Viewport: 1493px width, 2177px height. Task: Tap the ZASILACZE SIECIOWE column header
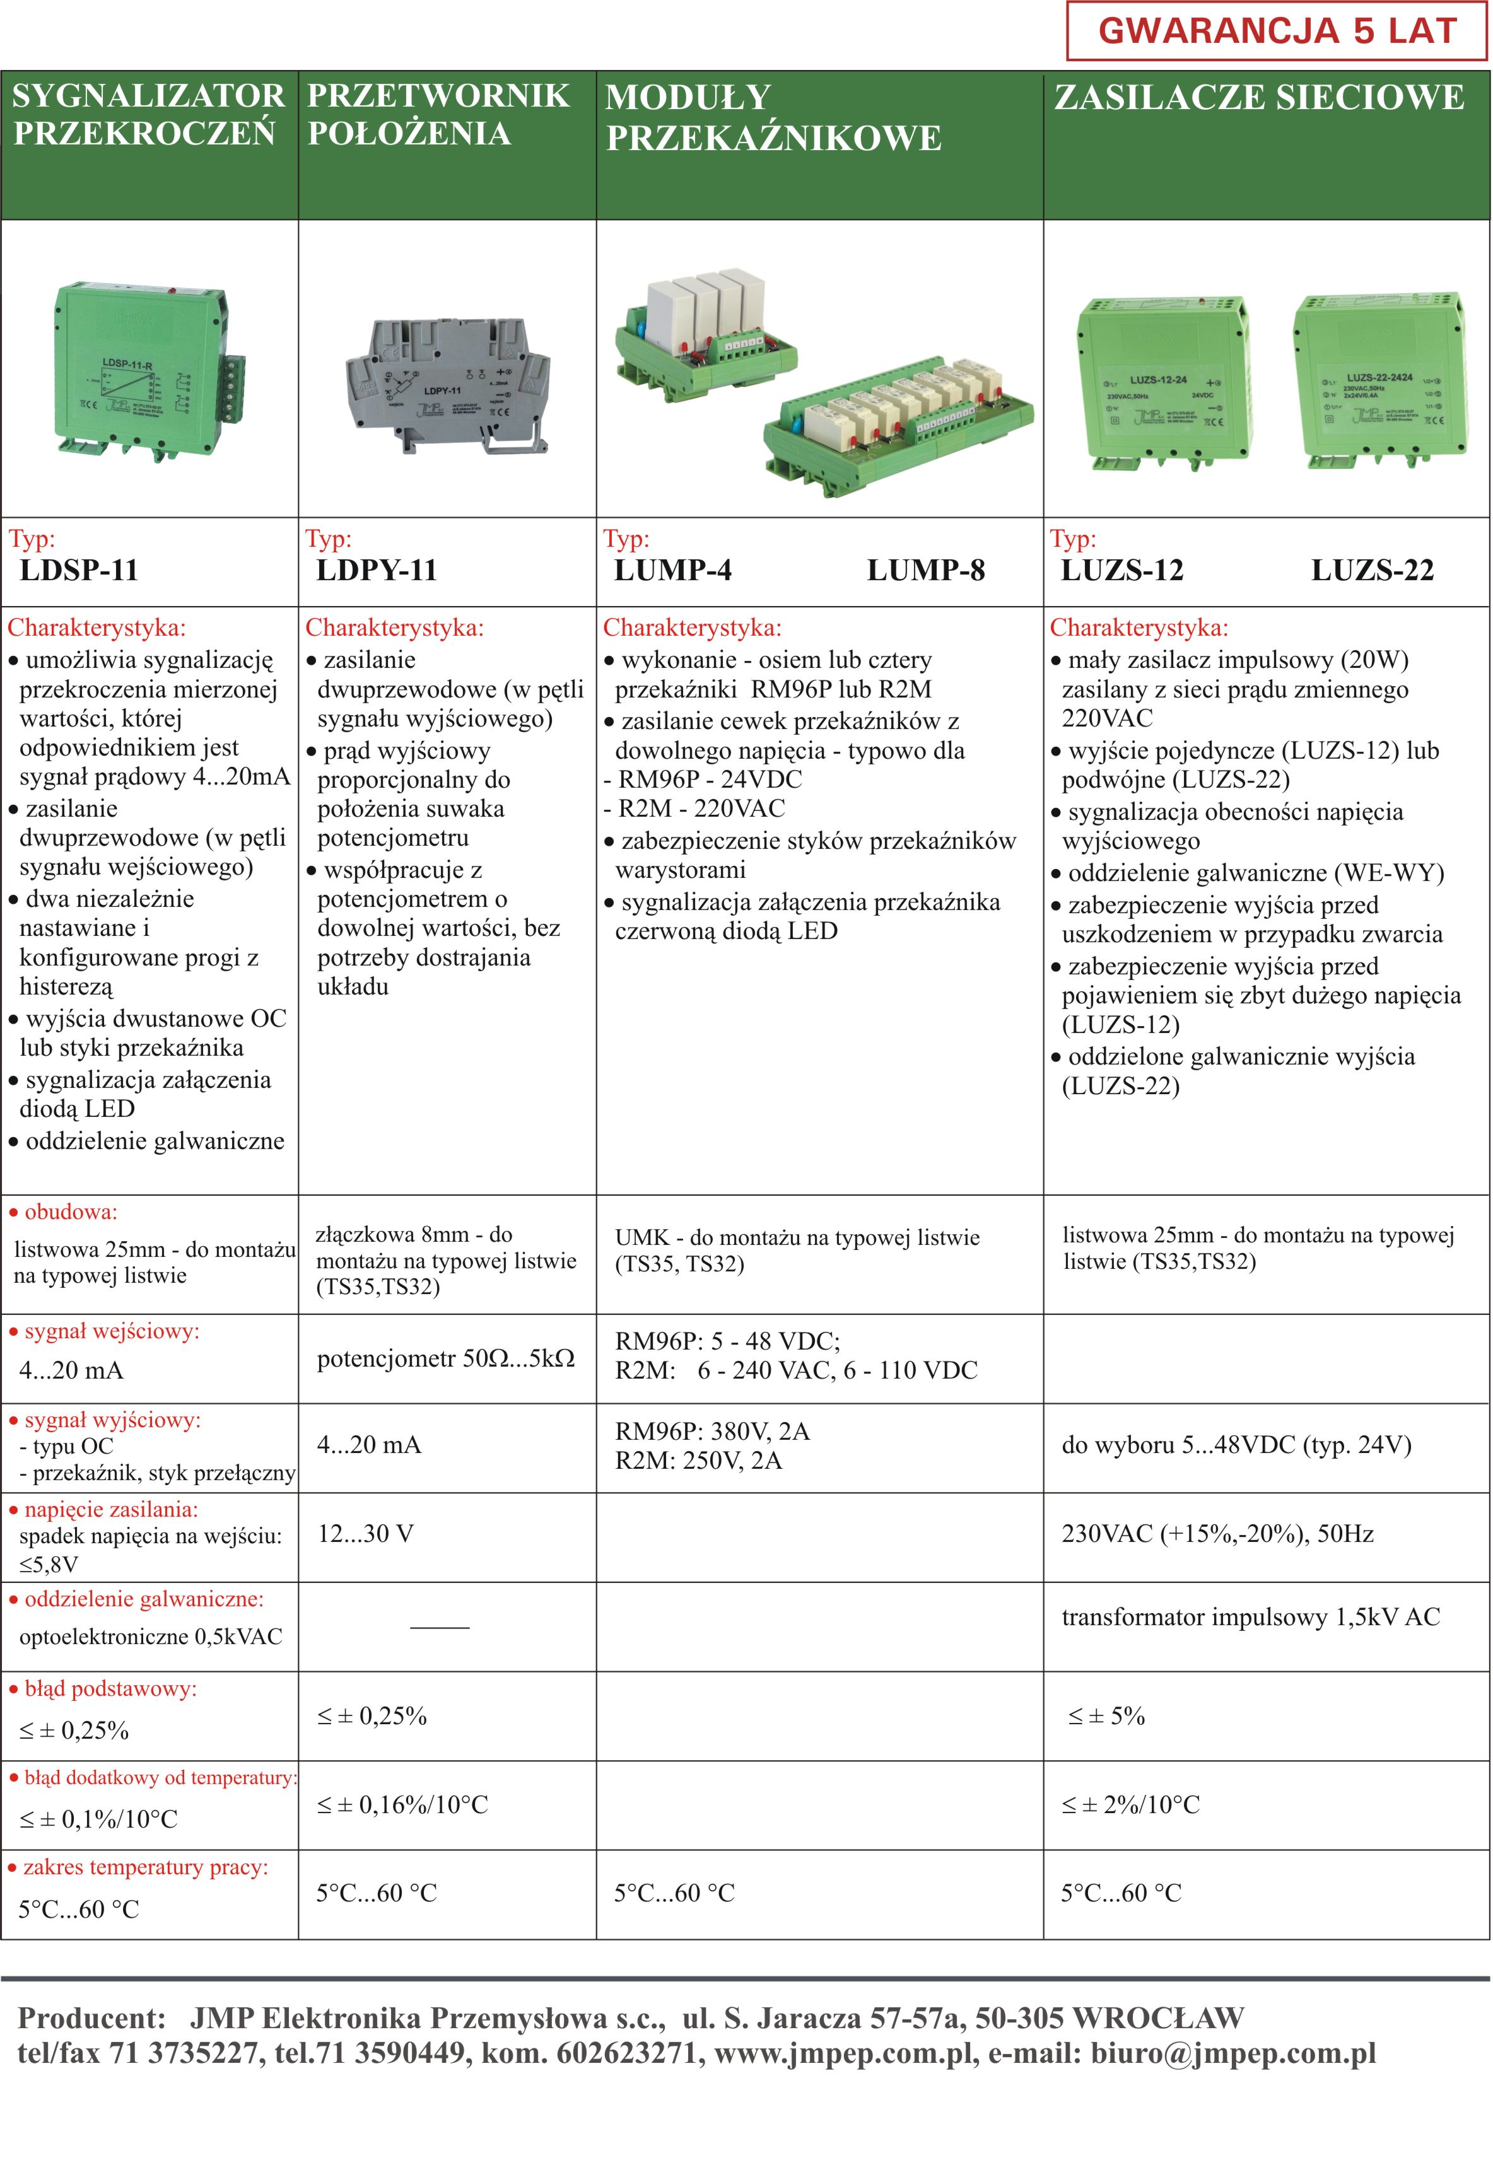[x=1259, y=97]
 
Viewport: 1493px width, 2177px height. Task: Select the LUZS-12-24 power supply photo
[x=1163, y=384]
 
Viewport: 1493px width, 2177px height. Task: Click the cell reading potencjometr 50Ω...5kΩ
[x=446, y=1358]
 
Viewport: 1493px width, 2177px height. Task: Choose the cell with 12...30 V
[x=365, y=1534]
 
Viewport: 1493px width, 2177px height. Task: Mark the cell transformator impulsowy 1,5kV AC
[x=1250, y=1617]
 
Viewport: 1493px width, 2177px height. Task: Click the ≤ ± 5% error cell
[x=1106, y=1716]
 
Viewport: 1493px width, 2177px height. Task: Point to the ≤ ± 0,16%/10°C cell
[x=403, y=1804]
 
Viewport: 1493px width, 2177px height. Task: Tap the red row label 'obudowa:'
[x=70, y=1212]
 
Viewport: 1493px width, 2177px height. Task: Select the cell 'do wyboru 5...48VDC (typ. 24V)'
[x=1236, y=1444]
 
